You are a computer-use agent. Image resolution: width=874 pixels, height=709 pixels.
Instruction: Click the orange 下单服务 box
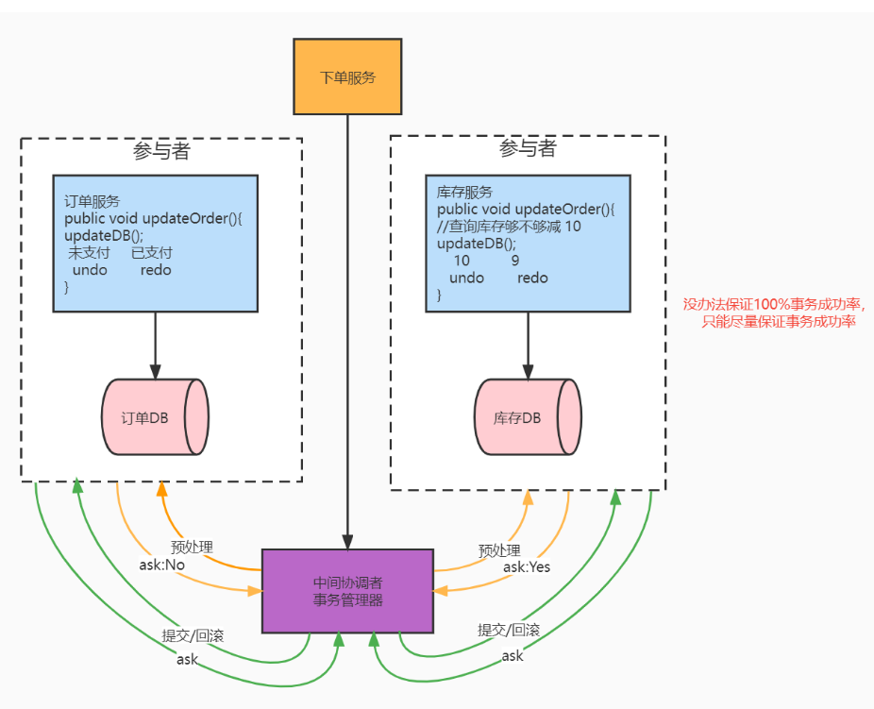[x=347, y=76]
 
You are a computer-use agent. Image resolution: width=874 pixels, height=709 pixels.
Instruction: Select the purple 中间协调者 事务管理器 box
[x=347, y=591]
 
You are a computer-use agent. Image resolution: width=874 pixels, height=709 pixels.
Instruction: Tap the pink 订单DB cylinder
[x=155, y=417]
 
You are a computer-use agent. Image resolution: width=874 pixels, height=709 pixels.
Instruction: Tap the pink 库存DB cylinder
[x=528, y=417]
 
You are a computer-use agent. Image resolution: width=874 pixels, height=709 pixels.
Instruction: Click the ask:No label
[x=161, y=565]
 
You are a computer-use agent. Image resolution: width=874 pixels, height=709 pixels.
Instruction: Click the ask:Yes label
[x=527, y=566]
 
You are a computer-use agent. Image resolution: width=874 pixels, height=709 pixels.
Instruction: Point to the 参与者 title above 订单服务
[x=161, y=150]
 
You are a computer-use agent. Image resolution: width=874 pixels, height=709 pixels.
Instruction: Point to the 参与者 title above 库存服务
[x=528, y=148]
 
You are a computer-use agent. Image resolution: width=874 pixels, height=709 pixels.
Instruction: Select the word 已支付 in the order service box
[x=152, y=252]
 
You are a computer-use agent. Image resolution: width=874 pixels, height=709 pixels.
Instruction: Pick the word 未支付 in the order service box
[x=89, y=252]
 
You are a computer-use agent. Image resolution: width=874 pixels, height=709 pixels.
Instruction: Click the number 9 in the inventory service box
[x=515, y=261]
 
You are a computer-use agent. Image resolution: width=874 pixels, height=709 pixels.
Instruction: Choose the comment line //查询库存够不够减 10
[x=509, y=227]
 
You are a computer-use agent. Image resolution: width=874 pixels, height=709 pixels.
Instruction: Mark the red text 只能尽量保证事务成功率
[x=778, y=322]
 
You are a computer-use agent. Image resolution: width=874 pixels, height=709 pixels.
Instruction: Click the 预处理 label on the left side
[x=192, y=547]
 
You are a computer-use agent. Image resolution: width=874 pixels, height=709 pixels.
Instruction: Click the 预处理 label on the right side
[x=499, y=550]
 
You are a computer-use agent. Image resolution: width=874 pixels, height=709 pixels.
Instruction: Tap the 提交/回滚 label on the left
[x=193, y=635]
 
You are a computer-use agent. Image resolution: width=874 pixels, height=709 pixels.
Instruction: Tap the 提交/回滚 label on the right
[x=509, y=630]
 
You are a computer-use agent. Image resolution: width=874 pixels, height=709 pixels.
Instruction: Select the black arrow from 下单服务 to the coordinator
[x=347, y=332]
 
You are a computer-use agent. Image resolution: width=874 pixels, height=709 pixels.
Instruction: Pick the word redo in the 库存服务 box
[x=532, y=278]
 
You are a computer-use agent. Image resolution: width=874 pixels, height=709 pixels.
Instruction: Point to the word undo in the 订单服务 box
[x=90, y=270]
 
